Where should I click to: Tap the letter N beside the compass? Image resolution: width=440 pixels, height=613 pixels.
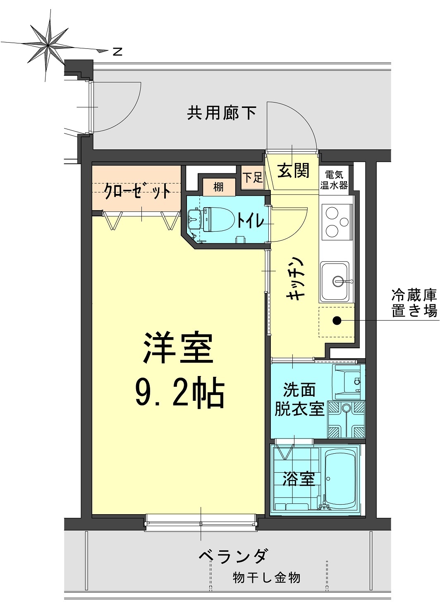coord(118,52)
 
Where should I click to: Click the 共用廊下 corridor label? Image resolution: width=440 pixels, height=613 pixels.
coord(222,113)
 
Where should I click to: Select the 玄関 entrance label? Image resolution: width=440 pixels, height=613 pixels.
coord(293,170)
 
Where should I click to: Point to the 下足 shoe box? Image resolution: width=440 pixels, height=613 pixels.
coord(253,178)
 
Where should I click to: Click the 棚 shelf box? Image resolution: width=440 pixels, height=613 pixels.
coord(219,187)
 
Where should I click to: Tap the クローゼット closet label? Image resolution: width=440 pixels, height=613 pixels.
coord(137,191)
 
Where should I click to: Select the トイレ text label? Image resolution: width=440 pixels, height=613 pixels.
coord(250,220)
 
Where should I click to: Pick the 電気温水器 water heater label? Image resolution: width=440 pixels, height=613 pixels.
coord(334,180)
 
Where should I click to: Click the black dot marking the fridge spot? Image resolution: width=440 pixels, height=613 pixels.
coord(337,320)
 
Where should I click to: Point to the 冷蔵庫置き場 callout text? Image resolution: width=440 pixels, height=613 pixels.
coord(414,303)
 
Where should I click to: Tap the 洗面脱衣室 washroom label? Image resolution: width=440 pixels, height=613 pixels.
coord(299,400)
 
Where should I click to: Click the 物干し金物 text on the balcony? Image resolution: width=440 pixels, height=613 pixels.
coord(266,577)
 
